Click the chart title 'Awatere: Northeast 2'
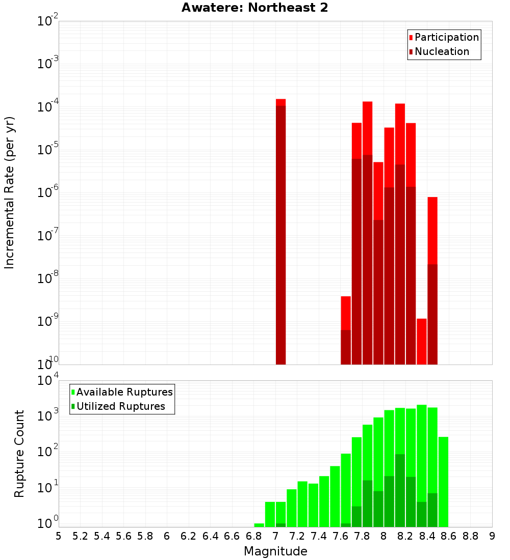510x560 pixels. click(254, 8)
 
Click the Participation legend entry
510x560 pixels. click(446, 37)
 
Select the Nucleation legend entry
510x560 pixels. click(442, 51)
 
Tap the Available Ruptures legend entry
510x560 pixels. click(124, 392)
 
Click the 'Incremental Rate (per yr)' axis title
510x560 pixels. click(10, 192)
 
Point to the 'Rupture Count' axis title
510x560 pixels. click(19, 453)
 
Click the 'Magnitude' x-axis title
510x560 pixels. click(275, 551)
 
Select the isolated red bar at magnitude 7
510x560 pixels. click(280, 232)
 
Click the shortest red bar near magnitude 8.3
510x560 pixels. click(421, 341)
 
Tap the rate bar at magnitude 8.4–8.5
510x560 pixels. click(432, 280)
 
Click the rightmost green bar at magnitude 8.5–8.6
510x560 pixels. click(443, 481)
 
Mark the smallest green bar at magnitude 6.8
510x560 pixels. click(259, 525)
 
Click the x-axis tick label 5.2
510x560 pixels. click(80, 536)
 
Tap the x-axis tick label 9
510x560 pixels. click(492, 536)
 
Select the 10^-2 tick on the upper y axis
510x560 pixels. click(48, 21)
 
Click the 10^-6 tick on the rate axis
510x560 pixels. click(48, 193)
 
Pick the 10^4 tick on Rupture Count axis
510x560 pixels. click(48, 381)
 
